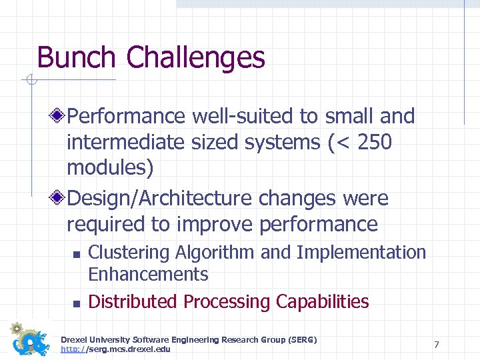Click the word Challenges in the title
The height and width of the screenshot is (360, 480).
click(x=195, y=58)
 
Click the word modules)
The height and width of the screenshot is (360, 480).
click(x=110, y=168)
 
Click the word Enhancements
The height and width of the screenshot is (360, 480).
click(x=148, y=274)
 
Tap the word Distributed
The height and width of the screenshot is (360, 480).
click(x=133, y=301)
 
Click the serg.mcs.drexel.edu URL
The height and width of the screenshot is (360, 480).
click(x=115, y=349)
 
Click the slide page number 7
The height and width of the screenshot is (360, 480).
click(x=436, y=345)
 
